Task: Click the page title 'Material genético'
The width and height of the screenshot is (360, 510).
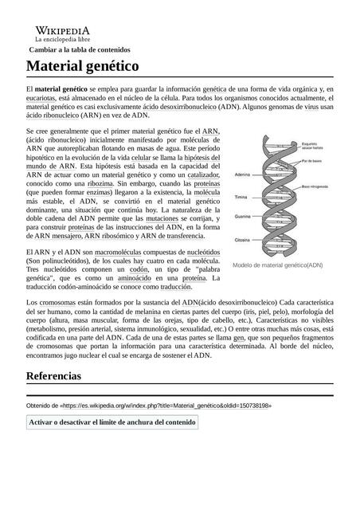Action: coord(83,65)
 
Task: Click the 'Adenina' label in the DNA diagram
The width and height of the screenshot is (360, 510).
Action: coord(243,175)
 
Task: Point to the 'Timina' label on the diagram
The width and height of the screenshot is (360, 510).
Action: coord(241,196)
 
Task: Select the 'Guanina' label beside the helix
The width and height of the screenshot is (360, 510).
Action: coord(243,217)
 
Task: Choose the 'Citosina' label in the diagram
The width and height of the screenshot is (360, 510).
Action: coord(243,239)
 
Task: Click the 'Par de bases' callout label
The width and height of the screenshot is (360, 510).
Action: coord(311,161)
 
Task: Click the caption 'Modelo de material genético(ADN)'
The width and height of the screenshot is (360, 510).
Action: coord(277,265)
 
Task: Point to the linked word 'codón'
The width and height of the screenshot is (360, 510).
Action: coord(139,269)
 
